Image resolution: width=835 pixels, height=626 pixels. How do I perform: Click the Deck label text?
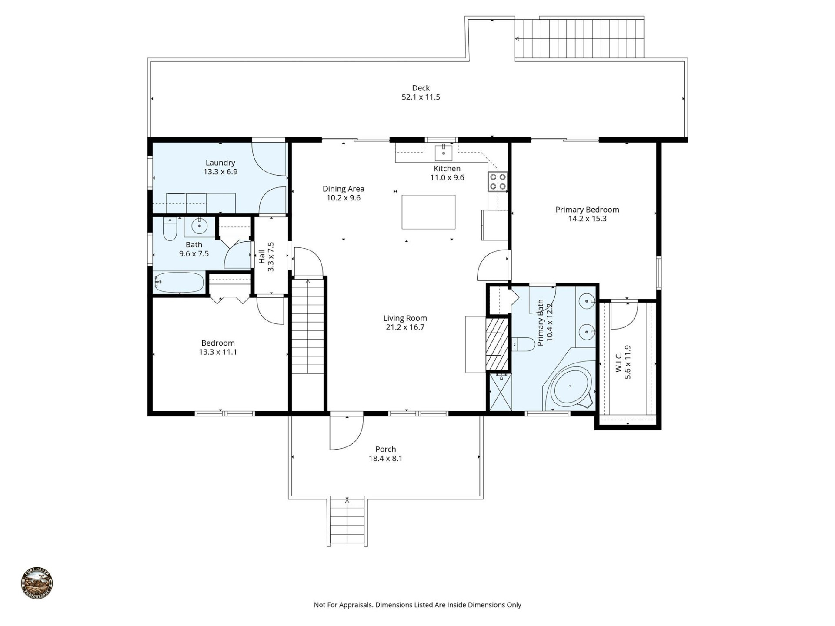click(x=421, y=88)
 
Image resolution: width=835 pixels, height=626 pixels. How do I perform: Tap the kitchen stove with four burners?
click(x=498, y=182)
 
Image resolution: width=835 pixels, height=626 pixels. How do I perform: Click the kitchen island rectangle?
click(x=428, y=212)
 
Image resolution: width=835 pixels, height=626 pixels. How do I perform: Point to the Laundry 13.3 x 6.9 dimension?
click(x=220, y=172)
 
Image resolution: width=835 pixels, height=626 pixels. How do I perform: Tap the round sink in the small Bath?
click(x=200, y=226)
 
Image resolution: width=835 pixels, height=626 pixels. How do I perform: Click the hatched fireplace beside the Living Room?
click(x=496, y=343)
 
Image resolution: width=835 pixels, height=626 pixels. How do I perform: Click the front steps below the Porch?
click(x=347, y=522)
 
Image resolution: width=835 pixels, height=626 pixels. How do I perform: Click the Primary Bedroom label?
click(x=587, y=210)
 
